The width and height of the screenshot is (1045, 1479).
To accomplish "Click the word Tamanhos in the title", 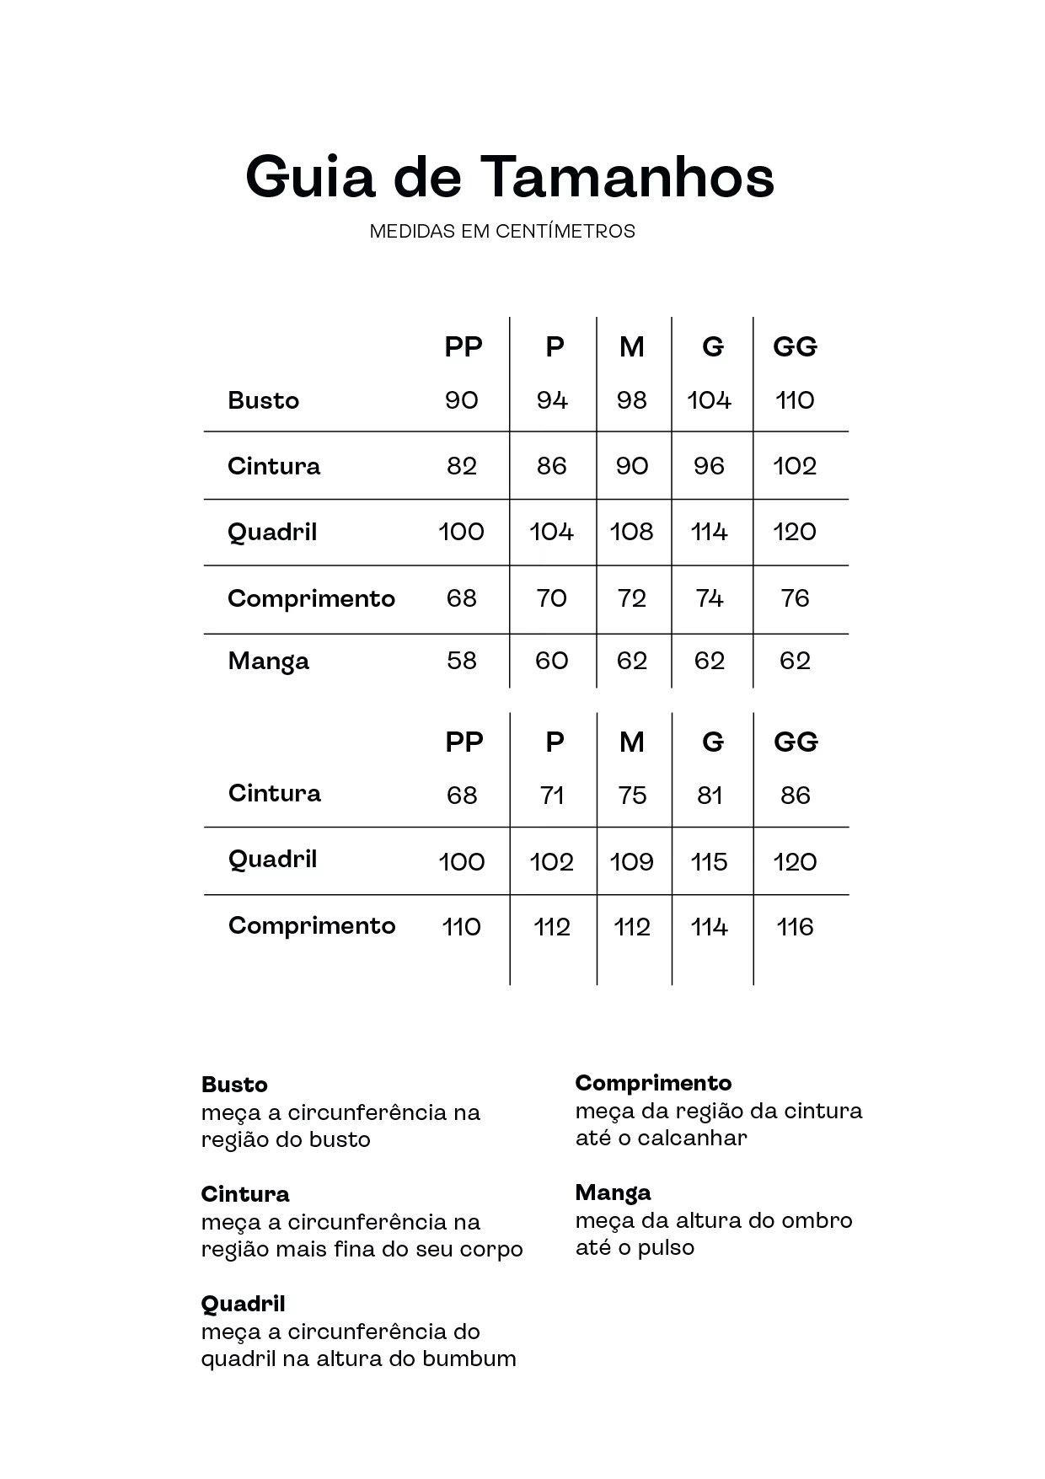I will tap(628, 177).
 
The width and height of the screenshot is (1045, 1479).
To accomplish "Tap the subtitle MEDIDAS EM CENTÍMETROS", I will tap(502, 231).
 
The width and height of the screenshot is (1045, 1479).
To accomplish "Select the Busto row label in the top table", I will tap(263, 400).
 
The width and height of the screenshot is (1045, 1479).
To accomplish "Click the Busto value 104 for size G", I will tap(709, 400).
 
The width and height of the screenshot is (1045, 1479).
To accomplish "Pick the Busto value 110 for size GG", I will tap(795, 400).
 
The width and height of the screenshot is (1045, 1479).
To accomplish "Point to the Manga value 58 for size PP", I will tap(462, 661).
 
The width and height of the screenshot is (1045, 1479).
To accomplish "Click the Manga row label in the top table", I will tap(268, 662).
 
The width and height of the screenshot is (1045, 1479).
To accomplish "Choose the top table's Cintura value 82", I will tap(462, 466).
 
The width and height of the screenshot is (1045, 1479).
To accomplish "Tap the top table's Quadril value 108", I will tap(631, 532).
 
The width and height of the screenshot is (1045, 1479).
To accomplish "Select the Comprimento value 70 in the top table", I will tap(551, 598).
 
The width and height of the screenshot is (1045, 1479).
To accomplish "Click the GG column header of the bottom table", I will tap(796, 742).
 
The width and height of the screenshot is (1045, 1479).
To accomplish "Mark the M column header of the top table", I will tap(631, 347).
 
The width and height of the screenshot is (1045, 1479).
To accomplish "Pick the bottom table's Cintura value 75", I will tap(631, 796).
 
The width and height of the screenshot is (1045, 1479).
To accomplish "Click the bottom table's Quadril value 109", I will tap(631, 862).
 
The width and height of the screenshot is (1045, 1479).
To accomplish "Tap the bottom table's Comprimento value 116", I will tap(795, 928).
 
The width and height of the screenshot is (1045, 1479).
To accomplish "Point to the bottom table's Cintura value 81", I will tap(710, 796).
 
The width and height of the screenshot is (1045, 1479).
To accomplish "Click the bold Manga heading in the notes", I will tap(613, 1192).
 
